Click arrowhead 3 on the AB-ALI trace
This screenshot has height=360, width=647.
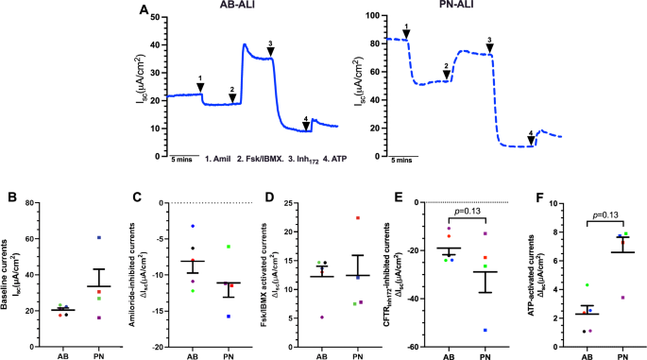(x=271, y=51)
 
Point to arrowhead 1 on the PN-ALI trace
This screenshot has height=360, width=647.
(x=406, y=34)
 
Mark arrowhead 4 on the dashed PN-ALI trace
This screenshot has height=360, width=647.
(x=531, y=140)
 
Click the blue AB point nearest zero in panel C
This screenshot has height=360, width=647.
(x=193, y=227)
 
